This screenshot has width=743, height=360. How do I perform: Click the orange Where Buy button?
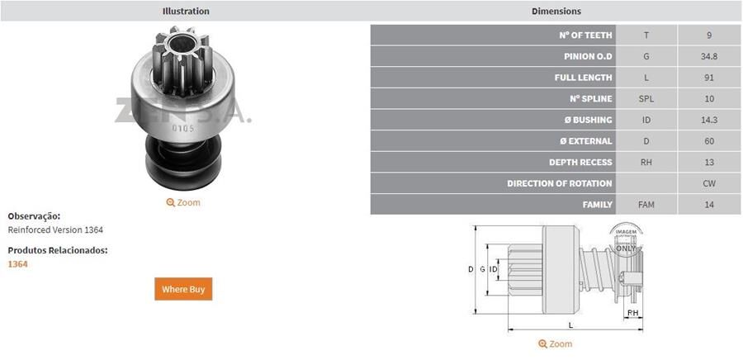[183, 289]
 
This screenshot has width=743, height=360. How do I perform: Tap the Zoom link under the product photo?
[183, 202]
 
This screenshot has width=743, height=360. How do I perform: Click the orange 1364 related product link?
[17, 264]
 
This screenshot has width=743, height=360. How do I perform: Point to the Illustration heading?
[186, 12]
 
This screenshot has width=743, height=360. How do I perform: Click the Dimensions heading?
[556, 12]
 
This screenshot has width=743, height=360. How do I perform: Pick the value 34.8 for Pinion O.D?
[709, 56]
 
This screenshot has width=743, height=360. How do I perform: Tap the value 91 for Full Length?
[709, 78]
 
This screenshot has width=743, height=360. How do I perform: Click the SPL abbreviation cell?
[646, 99]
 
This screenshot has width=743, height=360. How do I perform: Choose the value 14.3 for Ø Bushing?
[709, 120]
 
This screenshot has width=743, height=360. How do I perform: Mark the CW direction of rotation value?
[709, 183]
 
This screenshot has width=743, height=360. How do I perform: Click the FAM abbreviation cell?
[646, 204]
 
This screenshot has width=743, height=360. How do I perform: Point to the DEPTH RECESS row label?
[580, 163]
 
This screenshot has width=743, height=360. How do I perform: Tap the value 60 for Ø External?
[709, 141]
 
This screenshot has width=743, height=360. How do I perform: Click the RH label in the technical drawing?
[632, 314]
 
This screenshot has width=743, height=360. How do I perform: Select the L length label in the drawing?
[570, 324]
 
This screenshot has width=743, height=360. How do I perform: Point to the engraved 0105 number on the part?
[182, 128]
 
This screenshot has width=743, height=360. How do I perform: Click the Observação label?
[34, 216]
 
